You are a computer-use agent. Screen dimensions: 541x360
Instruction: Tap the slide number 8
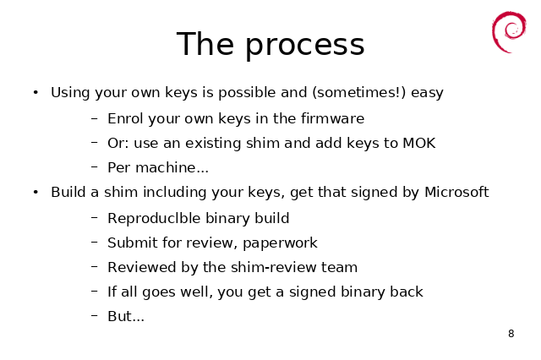(511, 334)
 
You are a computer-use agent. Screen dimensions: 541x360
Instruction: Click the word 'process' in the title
(304, 46)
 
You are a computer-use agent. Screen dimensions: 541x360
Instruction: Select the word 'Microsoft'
(456, 192)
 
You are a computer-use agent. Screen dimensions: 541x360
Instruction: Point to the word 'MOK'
(419, 143)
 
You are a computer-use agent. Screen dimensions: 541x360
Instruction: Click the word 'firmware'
(332, 118)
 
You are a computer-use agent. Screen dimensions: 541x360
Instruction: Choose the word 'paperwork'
(280, 243)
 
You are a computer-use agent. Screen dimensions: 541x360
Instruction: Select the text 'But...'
(126, 316)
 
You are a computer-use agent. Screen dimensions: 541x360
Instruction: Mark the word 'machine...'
(172, 167)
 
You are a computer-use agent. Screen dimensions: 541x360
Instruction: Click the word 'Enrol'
(126, 118)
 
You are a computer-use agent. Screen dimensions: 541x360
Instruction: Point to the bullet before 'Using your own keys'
(36, 92)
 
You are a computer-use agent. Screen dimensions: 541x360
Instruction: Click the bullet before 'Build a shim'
(36, 192)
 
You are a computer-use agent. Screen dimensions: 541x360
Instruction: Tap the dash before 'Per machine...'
(95, 167)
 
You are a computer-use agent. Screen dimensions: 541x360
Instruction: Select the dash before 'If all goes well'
(95, 292)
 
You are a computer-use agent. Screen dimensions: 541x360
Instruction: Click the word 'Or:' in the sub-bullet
(118, 143)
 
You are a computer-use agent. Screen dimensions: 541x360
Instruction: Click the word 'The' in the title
(205, 44)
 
